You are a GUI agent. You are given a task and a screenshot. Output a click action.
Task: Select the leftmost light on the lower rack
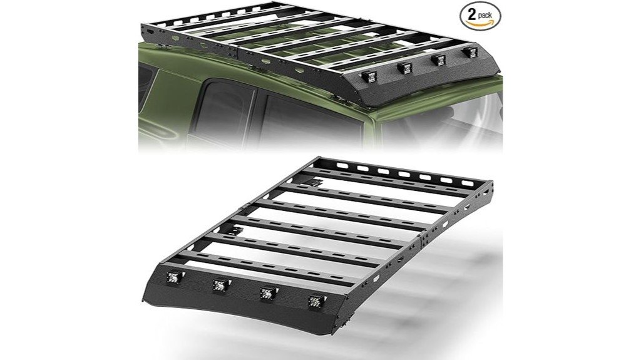point(171,279)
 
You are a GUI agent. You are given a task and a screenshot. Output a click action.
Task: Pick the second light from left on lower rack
point(218,285)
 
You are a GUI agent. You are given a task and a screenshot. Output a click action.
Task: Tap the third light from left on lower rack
point(265,292)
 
